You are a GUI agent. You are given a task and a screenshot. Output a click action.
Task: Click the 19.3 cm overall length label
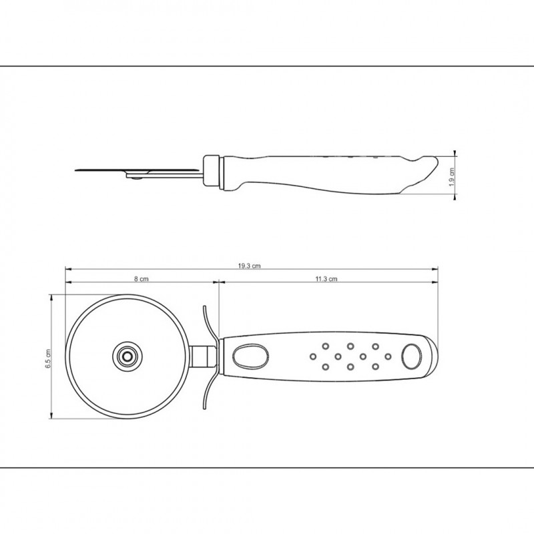[249, 265]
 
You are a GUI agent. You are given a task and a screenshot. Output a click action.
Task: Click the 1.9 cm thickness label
[452, 177]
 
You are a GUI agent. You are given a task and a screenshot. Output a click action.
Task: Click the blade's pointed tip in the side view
[77, 170]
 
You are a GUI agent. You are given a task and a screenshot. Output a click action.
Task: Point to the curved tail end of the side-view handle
[424, 170]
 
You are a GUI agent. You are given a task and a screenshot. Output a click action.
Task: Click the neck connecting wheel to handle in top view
[202, 356]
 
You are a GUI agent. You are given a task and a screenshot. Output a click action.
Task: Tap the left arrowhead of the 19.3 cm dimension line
[67, 269]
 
